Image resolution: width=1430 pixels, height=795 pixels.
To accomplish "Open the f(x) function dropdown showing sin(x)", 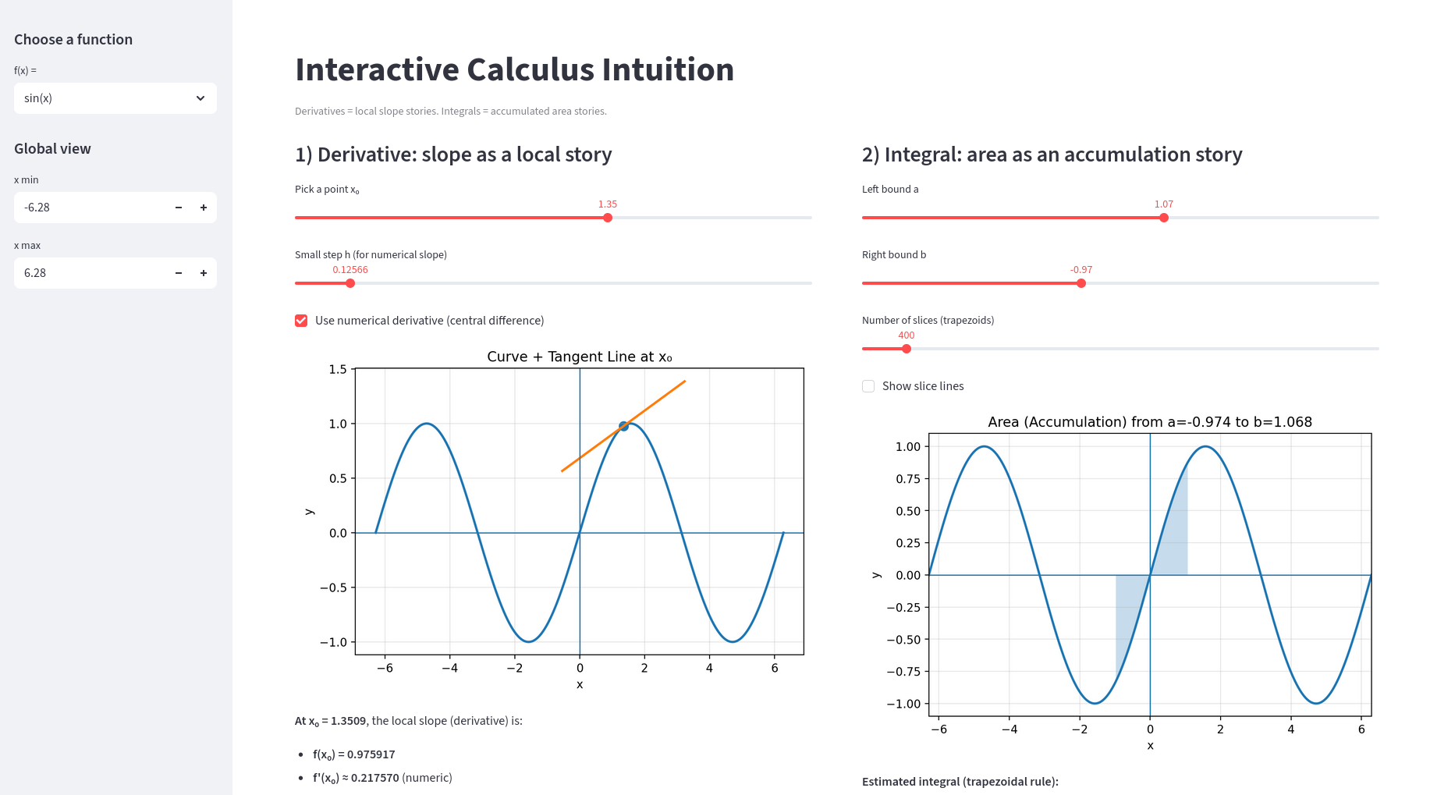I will click(x=115, y=98).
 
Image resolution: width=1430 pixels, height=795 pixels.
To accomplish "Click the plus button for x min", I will click(x=204, y=208).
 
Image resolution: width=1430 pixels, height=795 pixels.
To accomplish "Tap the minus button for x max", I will click(x=179, y=273).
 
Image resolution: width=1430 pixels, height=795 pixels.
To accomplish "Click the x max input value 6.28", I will click(x=86, y=273).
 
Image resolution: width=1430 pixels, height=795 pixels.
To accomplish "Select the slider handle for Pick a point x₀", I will click(x=608, y=218).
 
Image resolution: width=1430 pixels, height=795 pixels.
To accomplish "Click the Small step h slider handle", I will click(x=350, y=283).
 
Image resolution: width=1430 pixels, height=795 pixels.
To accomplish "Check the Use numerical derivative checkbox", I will click(x=301, y=321).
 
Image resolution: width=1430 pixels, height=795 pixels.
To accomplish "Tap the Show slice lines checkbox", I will click(x=868, y=386).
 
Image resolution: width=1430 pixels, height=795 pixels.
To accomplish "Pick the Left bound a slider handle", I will click(x=1164, y=218).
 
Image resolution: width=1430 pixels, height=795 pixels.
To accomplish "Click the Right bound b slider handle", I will click(x=1081, y=283).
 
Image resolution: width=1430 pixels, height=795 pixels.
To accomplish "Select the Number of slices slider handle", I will click(x=907, y=349).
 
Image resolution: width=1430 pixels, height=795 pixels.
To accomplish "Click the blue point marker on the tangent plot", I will click(x=623, y=426).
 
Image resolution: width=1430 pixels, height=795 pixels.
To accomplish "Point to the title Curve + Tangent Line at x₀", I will click(x=579, y=357).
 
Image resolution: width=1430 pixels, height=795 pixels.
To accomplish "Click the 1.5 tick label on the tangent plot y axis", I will click(x=338, y=369).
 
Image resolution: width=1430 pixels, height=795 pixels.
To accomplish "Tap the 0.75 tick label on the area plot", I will click(x=908, y=478).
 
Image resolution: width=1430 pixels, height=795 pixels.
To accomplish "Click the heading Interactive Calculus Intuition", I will click(x=514, y=69).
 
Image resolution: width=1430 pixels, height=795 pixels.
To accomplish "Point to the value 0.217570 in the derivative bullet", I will click(x=374, y=778).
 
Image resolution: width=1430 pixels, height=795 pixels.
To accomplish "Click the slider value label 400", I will click(x=907, y=335).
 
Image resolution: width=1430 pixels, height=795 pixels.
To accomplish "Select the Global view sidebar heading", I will click(x=52, y=149).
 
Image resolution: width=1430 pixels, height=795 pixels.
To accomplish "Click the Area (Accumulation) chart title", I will click(x=1150, y=422).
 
